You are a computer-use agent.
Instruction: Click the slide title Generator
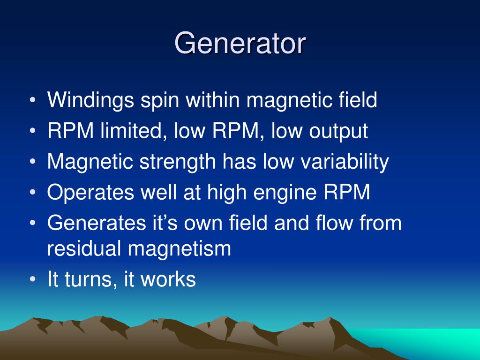point(240,43)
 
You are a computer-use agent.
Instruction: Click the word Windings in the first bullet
point(90,101)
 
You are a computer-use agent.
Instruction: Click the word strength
point(178,162)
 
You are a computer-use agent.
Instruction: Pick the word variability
point(345,162)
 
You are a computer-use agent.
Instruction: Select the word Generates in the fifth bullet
point(97,223)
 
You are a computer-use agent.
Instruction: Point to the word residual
point(84,248)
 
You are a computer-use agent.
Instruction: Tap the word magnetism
point(180,248)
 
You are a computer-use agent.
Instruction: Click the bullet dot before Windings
point(33,100)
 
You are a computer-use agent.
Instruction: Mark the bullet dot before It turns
point(33,279)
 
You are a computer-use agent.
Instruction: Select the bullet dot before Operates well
point(33,192)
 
